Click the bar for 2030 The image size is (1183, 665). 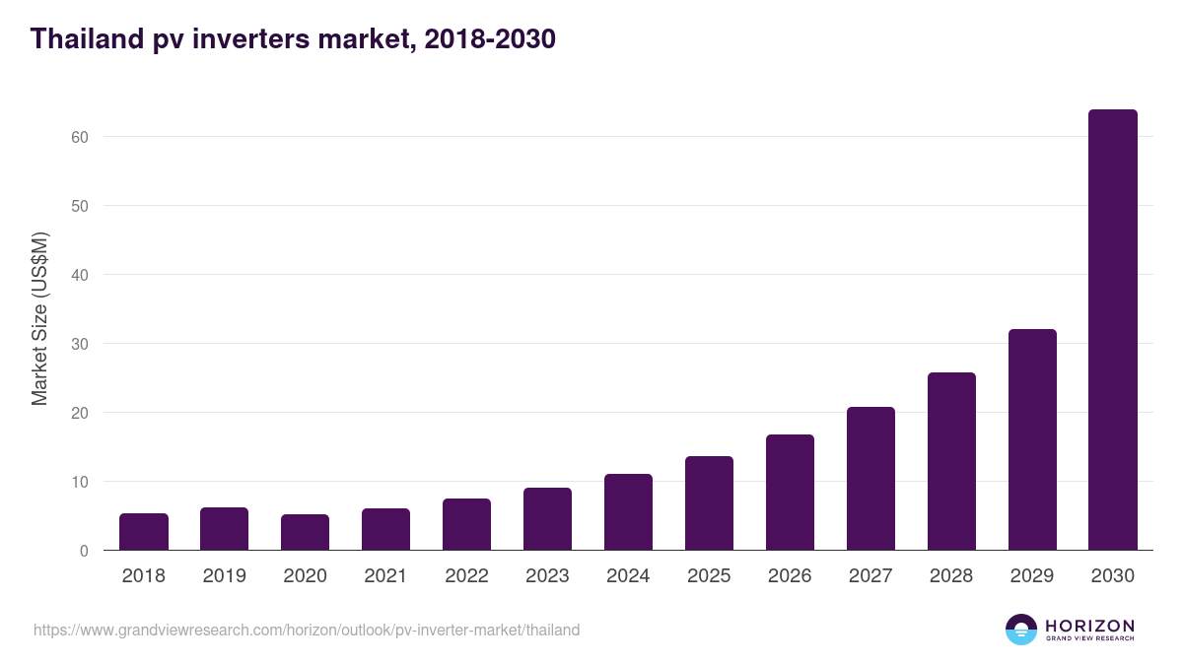click(1112, 330)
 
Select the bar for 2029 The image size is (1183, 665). click(1031, 439)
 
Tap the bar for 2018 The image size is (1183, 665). click(144, 532)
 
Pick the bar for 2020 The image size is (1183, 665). click(306, 532)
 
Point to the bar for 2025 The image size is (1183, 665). click(709, 503)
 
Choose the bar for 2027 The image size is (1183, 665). click(870, 479)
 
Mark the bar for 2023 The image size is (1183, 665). click(547, 519)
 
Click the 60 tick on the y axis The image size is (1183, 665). click(81, 137)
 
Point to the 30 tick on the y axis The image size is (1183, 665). click(81, 344)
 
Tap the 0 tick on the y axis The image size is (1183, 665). click(85, 551)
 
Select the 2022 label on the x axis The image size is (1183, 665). click(466, 576)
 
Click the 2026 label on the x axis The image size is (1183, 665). click(790, 576)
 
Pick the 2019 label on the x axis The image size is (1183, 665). click(225, 576)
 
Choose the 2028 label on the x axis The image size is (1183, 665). click(951, 576)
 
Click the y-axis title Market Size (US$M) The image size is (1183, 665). click(39, 319)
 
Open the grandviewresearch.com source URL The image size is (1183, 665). click(307, 630)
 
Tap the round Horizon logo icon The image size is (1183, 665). click(1021, 630)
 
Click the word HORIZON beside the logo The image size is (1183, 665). click(1089, 625)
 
